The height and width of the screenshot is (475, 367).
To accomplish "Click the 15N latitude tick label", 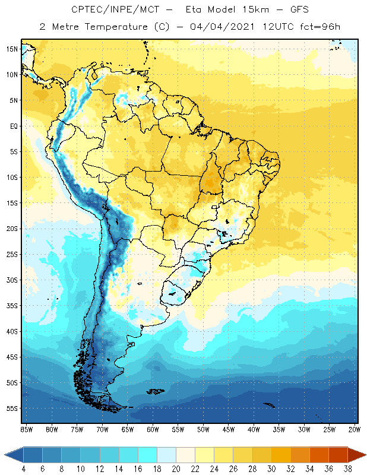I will click(x=11, y=49).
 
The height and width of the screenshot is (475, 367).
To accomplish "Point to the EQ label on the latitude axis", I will click(x=13, y=126).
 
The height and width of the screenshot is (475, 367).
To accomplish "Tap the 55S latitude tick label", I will click(x=11, y=408).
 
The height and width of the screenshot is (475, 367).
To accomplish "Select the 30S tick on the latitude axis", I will click(x=11, y=280).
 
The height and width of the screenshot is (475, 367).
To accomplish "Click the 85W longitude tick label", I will click(x=26, y=429).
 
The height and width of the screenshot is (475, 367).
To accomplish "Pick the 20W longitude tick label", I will click(x=353, y=429).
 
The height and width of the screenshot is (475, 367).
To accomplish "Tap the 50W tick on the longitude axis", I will click(x=203, y=429).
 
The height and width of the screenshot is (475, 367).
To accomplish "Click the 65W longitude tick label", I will click(x=127, y=429).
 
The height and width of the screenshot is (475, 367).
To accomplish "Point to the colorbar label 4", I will click(x=23, y=468).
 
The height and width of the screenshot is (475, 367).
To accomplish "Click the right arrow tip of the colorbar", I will click(x=363, y=455).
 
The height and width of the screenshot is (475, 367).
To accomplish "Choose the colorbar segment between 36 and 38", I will click(x=338, y=455).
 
